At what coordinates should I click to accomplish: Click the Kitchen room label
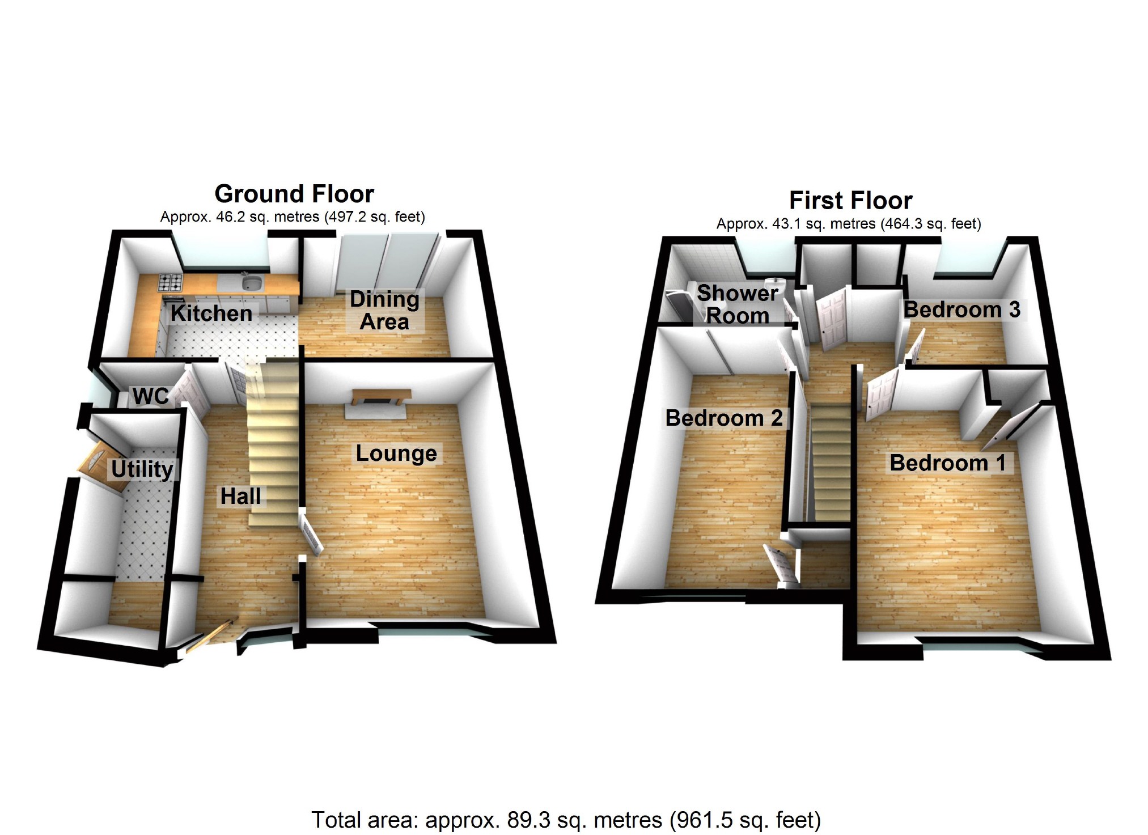[x=211, y=313]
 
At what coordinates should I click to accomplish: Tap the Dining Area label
[x=384, y=310]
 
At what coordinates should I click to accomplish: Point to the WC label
[x=151, y=396]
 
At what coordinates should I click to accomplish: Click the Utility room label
[x=142, y=469]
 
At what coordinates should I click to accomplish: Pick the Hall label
[x=240, y=496]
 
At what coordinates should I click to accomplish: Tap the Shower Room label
[x=737, y=304]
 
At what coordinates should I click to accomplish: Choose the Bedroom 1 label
[x=947, y=463]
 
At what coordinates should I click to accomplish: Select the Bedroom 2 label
[x=724, y=418]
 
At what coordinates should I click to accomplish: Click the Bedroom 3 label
[x=961, y=310]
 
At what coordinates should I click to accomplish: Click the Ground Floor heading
[x=294, y=194]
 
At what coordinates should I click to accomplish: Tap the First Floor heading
[x=850, y=201]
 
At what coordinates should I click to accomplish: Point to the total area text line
[x=566, y=820]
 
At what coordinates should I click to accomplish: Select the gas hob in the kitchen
[x=170, y=282]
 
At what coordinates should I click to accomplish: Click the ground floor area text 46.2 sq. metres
[x=293, y=217]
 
